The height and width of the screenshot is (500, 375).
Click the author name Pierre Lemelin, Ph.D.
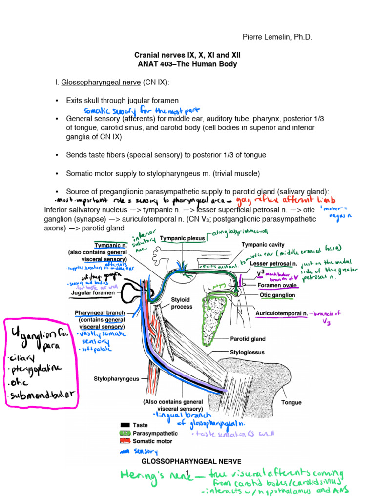(x=277, y=37)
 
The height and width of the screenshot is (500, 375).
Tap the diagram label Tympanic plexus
(x=182, y=238)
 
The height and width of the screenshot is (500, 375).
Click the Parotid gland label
(x=248, y=338)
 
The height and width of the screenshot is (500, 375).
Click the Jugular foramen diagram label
(x=93, y=293)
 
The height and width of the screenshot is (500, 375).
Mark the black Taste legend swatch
(x=125, y=425)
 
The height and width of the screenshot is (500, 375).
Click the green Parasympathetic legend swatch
(x=125, y=433)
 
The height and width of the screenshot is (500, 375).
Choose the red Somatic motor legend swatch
(x=125, y=441)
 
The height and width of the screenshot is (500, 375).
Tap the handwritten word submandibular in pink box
(x=42, y=396)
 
